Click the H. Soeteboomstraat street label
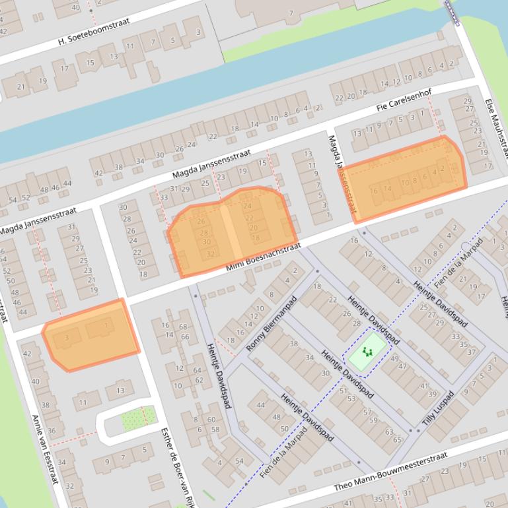pyautogui.click(x=94, y=32)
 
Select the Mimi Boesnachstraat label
pyautogui.click(x=264, y=257)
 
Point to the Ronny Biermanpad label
pyautogui.click(x=272, y=323)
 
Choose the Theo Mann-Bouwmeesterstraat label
pyautogui.click(x=390, y=471)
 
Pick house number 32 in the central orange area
pyautogui.click(x=211, y=254)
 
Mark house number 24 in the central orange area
pyautogui.click(x=248, y=206)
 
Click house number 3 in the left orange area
pyautogui.click(x=66, y=339)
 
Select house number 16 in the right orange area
pyautogui.click(x=375, y=191)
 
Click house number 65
pyautogui.click(x=397, y=439)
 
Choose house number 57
pyautogui.click(x=367, y=412)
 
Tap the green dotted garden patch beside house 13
pyautogui.click(x=139, y=416)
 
